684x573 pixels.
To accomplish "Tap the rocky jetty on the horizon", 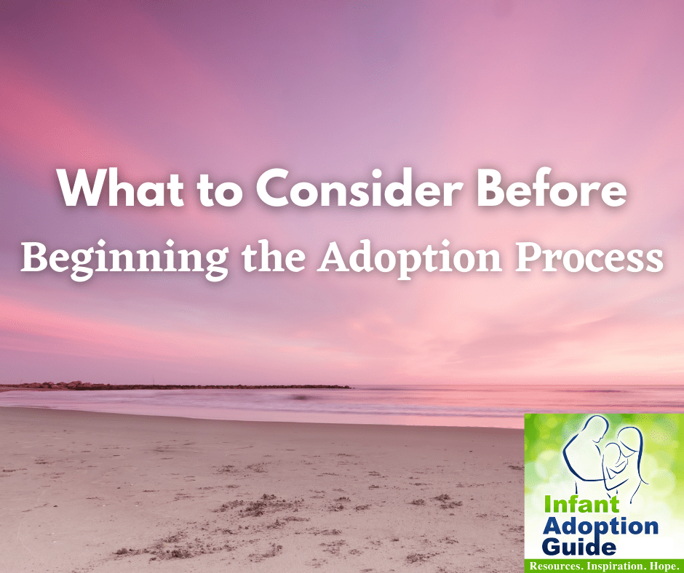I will click(x=182, y=386).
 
